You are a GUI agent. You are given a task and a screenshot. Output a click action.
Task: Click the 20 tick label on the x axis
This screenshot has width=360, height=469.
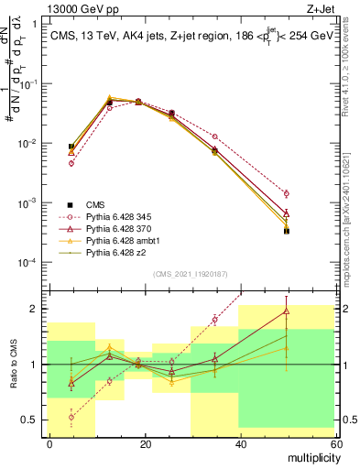(145, 443)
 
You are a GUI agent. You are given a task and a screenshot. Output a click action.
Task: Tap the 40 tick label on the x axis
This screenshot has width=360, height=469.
(239, 443)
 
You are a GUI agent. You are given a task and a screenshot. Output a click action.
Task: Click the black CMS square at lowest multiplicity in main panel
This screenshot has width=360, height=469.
(71, 147)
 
